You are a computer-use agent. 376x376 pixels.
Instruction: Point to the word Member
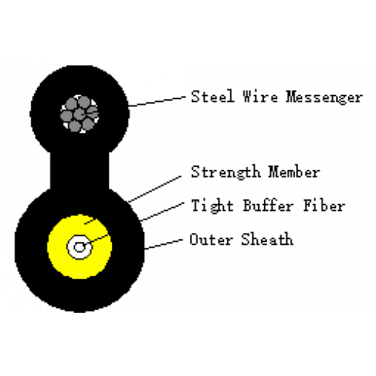294,172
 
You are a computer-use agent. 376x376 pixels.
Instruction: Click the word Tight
212,206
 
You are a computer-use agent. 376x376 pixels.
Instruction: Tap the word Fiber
324,206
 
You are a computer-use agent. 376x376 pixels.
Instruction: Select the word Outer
211,240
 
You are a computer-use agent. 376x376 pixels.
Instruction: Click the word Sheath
267,239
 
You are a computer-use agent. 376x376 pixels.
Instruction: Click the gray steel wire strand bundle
79,114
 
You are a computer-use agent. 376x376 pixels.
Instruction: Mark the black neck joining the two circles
79,169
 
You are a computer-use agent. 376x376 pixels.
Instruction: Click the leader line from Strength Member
154,189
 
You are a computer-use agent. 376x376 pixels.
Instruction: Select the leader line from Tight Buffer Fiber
162,212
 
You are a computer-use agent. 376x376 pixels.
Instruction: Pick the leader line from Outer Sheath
163,244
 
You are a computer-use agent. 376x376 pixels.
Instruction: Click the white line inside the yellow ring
98,239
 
